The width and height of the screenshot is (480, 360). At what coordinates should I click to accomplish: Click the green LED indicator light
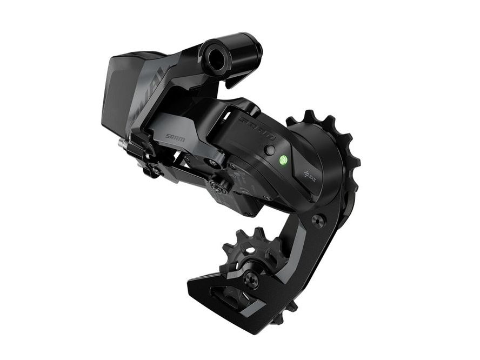coord(283,160)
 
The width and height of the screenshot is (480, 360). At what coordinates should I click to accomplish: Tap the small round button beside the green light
coord(270,151)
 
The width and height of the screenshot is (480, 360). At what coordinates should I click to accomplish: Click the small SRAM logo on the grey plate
coord(175,139)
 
